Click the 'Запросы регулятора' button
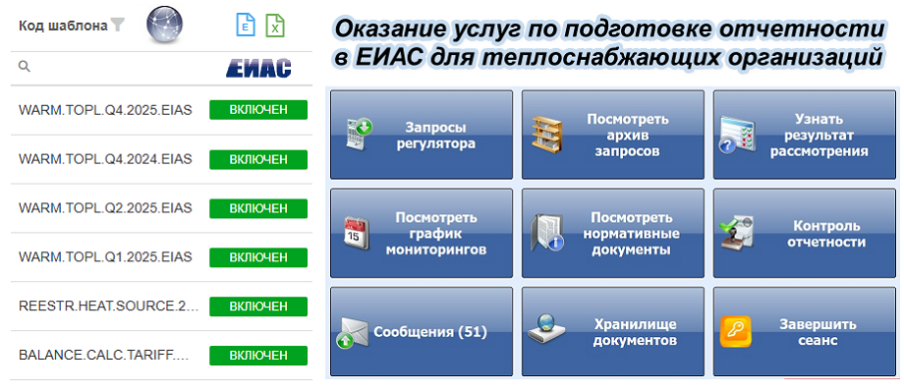pyautogui.click(x=421, y=135)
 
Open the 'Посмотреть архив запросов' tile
pyautogui.click(x=613, y=135)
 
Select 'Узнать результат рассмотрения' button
pyautogui.click(x=804, y=135)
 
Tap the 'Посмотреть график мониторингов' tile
pyautogui.click(x=421, y=233)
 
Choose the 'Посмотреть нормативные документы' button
pyautogui.click(x=613, y=233)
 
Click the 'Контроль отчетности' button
pyautogui.click(x=804, y=233)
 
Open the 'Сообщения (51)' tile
pyautogui.click(x=421, y=331)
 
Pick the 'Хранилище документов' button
pyautogui.click(x=613, y=331)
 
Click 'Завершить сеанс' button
pyautogui.click(x=804, y=331)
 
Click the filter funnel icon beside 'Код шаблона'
pyautogui.click(x=118, y=26)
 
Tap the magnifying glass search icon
pyautogui.click(x=25, y=66)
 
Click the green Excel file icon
pyautogui.click(x=275, y=26)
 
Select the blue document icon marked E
pyautogui.click(x=246, y=26)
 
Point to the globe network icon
pyautogui.click(x=164, y=26)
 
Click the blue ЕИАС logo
pyautogui.click(x=258, y=68)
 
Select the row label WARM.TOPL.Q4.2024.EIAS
pyautogui.click(x=105, y=159)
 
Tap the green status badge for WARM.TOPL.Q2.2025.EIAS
pyautogui.click(x=258, y=208)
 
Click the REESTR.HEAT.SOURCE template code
pyautogui.click(x=108, y=306)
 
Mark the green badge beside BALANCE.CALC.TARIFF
pyautogui.click(x=258, y=355)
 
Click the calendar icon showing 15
pyautogui.click(x=357, y=233)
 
